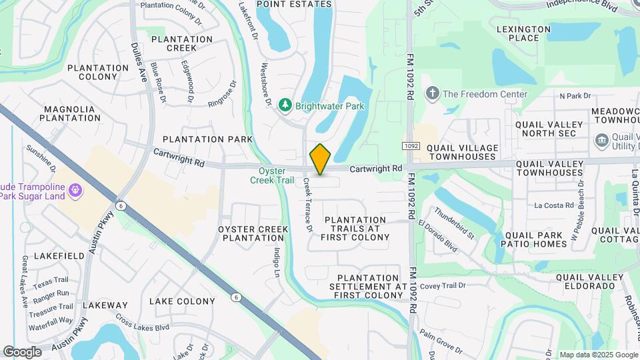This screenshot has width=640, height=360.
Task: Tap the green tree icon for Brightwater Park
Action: tap(285, 105)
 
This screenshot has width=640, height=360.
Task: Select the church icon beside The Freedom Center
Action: tap(432, 94)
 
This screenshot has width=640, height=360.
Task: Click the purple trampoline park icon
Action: tap(75, 191)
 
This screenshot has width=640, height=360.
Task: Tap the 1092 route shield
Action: tap(411, 146)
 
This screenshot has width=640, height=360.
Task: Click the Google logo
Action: tap(23, 351)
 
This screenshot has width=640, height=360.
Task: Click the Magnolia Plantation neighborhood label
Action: tap(70, 113)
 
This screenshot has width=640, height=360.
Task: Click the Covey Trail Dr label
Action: tap(442, 285)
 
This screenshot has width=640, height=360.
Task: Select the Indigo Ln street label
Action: tap(277, 262)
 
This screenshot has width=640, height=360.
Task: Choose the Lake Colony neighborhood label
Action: tap(182, 301)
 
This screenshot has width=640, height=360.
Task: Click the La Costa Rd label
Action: tap(554, 205)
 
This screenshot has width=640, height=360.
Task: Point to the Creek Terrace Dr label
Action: tap(308, 205)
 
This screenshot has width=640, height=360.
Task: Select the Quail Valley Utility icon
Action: tap(601, 140)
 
